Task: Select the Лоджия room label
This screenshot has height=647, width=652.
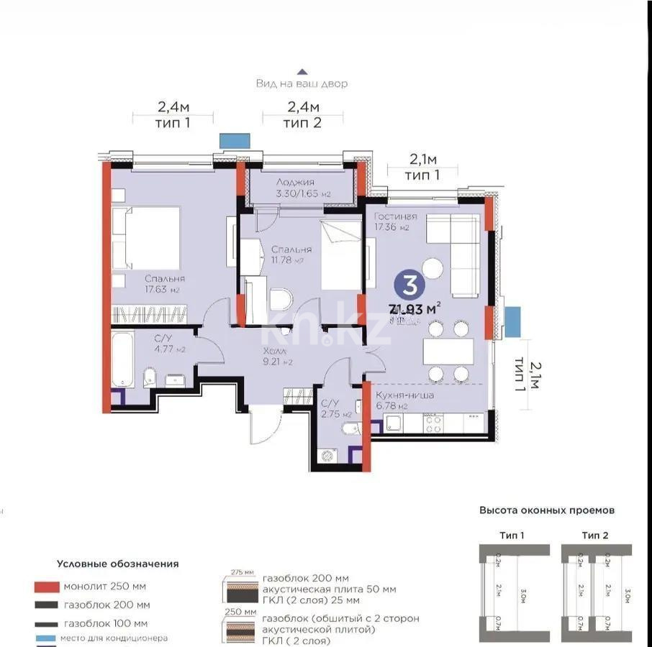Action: click(295, 183)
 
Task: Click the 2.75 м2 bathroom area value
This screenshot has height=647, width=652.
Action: click(336, 415)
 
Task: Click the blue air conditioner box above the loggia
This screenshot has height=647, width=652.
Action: click(235, 140)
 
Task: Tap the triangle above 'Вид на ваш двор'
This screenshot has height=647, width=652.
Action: click(302, 71)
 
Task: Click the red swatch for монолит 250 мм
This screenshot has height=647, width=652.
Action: click(45, 586)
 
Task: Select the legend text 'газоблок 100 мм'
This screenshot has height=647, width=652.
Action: click(106, 623)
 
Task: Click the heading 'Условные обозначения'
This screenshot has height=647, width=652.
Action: click(118, 564)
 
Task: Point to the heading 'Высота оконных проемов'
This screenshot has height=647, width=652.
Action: click(547, 510)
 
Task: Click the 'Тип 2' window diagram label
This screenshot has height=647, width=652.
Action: click(594, 535)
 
